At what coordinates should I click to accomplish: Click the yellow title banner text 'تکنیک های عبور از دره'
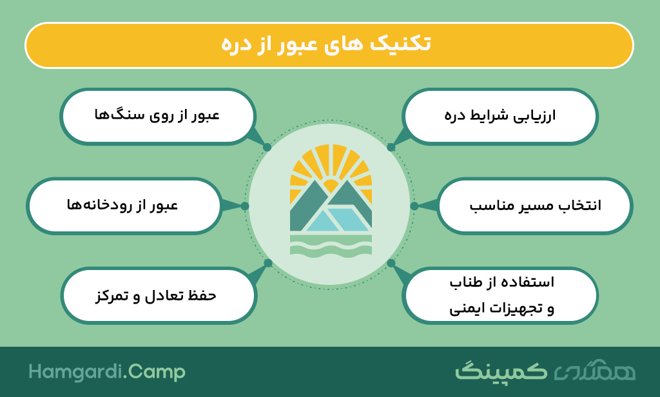(326, 44)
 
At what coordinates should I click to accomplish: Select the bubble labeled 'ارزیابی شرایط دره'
(500, 117)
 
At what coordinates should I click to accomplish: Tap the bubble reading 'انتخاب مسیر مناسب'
(535, 206)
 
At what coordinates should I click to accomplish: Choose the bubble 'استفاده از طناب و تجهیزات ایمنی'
(500, 296)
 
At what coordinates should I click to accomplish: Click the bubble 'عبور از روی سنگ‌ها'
(158, 117)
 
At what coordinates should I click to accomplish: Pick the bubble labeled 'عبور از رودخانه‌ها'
(124, 206)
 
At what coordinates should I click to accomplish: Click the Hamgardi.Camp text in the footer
(107, 373)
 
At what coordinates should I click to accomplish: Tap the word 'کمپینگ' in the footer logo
(501, 371)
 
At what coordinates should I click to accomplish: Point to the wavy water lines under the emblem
(331, 246)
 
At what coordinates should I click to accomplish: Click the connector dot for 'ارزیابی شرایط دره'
(391, 148)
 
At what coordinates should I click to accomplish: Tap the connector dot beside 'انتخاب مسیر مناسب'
(414, 206)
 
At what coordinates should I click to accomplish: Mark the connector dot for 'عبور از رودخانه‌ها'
(245, 206)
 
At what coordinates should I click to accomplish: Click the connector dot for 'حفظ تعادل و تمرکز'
(268, 264)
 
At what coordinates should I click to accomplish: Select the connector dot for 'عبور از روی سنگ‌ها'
(267, 148)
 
